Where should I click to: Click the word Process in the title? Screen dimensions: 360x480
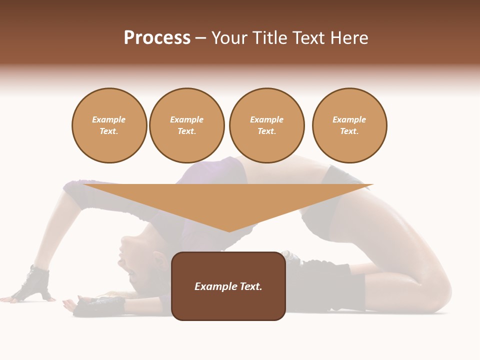pos(157,38)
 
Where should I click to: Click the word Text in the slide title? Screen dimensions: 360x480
pos(308,38)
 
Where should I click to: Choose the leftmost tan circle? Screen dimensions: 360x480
pos(109,125)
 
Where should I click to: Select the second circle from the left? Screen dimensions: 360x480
pos(187,125)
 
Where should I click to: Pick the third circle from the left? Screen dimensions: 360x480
pos(266,125)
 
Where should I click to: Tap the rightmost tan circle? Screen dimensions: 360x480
pos(349,125)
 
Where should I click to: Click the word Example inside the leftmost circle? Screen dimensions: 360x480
pos(109,120)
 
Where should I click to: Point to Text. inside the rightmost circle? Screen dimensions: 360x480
pos(349,131)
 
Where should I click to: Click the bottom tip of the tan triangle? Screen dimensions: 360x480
pos(229,231)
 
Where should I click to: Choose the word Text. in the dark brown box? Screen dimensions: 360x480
pos(251,286)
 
